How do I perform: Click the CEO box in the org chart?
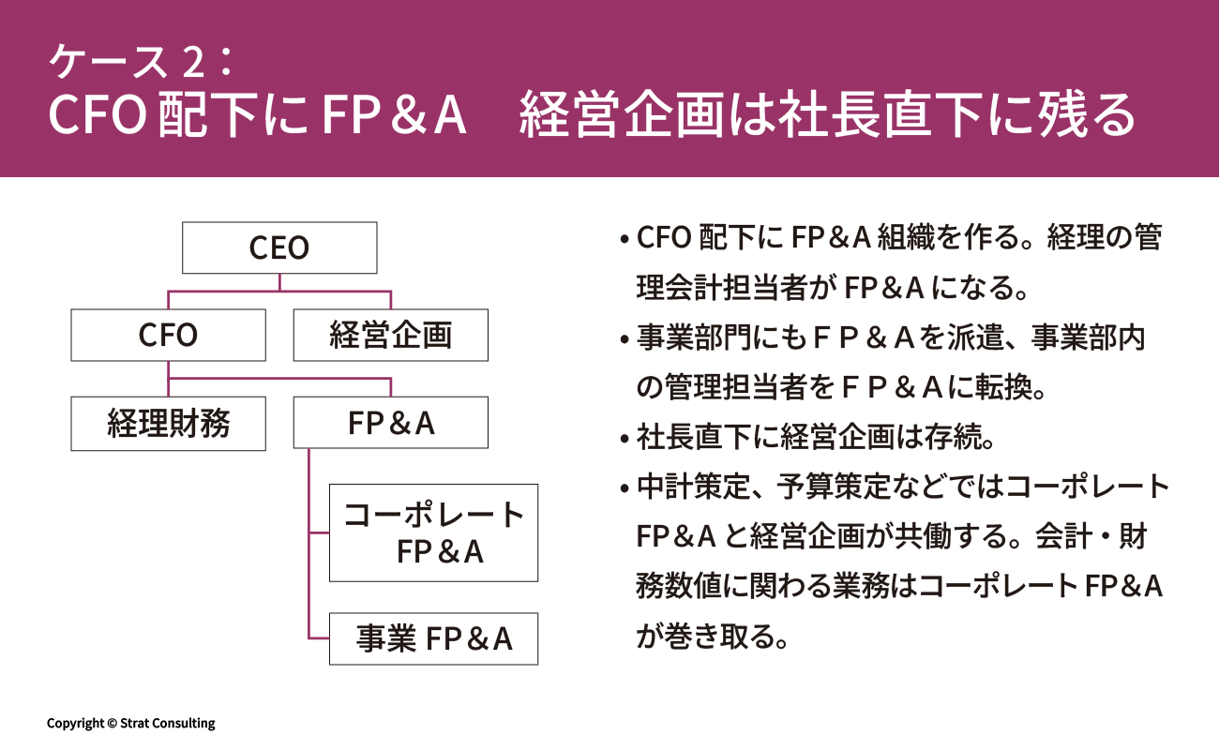(279, 248)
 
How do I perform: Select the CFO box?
(168, 336)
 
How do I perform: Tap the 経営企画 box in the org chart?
(390, 336)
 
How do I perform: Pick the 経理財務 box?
(168, 424)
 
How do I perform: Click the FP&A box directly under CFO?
(390, 424)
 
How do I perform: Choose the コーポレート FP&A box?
(433, 532)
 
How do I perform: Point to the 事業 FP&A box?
(433, 638)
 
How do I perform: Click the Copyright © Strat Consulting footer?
(131, 723)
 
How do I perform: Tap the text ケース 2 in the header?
(123, 63)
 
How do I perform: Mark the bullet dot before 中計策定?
(624, 488)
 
